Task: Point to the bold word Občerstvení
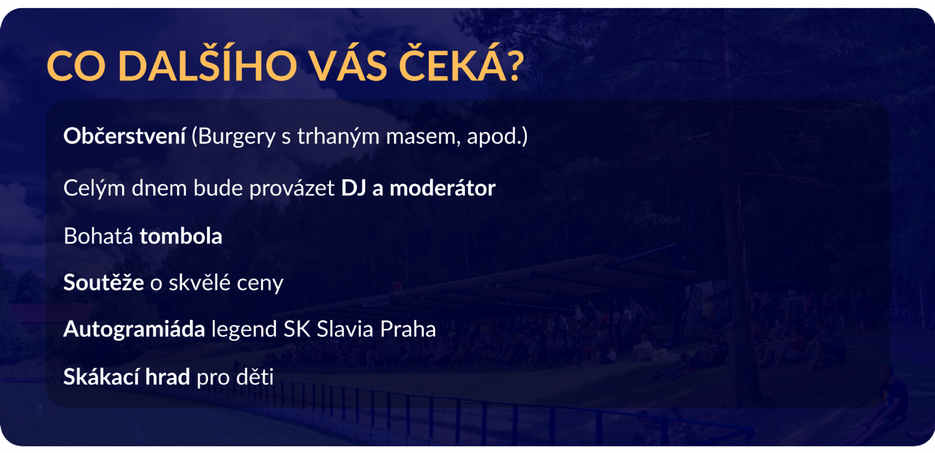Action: (x=125, y=136)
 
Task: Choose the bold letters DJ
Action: (x=353, y=188)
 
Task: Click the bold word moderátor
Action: (x=443, y=188)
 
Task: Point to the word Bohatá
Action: (x=98, y=236)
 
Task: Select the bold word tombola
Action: (x=181, y=236)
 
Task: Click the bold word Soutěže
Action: (x=103, y=282)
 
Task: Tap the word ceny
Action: (x=260, y=285)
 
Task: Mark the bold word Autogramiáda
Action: (x=134, y=329)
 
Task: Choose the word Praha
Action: (x=408, y=329)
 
